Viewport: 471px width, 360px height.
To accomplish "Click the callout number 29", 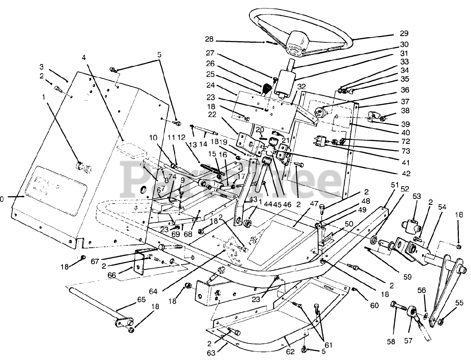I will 404,33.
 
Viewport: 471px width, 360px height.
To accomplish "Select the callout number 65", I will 141,300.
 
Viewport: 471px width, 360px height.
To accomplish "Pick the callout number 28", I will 209,40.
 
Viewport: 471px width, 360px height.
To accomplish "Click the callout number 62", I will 290,352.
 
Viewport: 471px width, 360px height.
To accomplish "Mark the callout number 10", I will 153,138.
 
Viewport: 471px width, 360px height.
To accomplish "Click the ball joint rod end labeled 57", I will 411,313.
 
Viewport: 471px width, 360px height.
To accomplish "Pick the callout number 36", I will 405,90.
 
